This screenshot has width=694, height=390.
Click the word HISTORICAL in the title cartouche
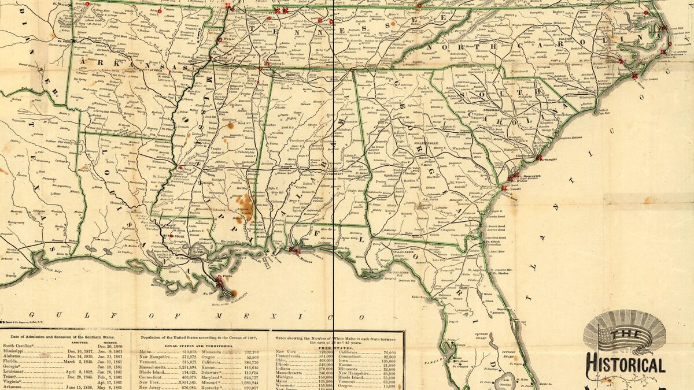coord(625,365)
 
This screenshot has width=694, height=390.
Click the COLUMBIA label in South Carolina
coord(492,110)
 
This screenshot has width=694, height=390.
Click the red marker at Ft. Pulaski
coord(504,188)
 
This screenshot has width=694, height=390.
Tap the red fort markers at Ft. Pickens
coord(297,251)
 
